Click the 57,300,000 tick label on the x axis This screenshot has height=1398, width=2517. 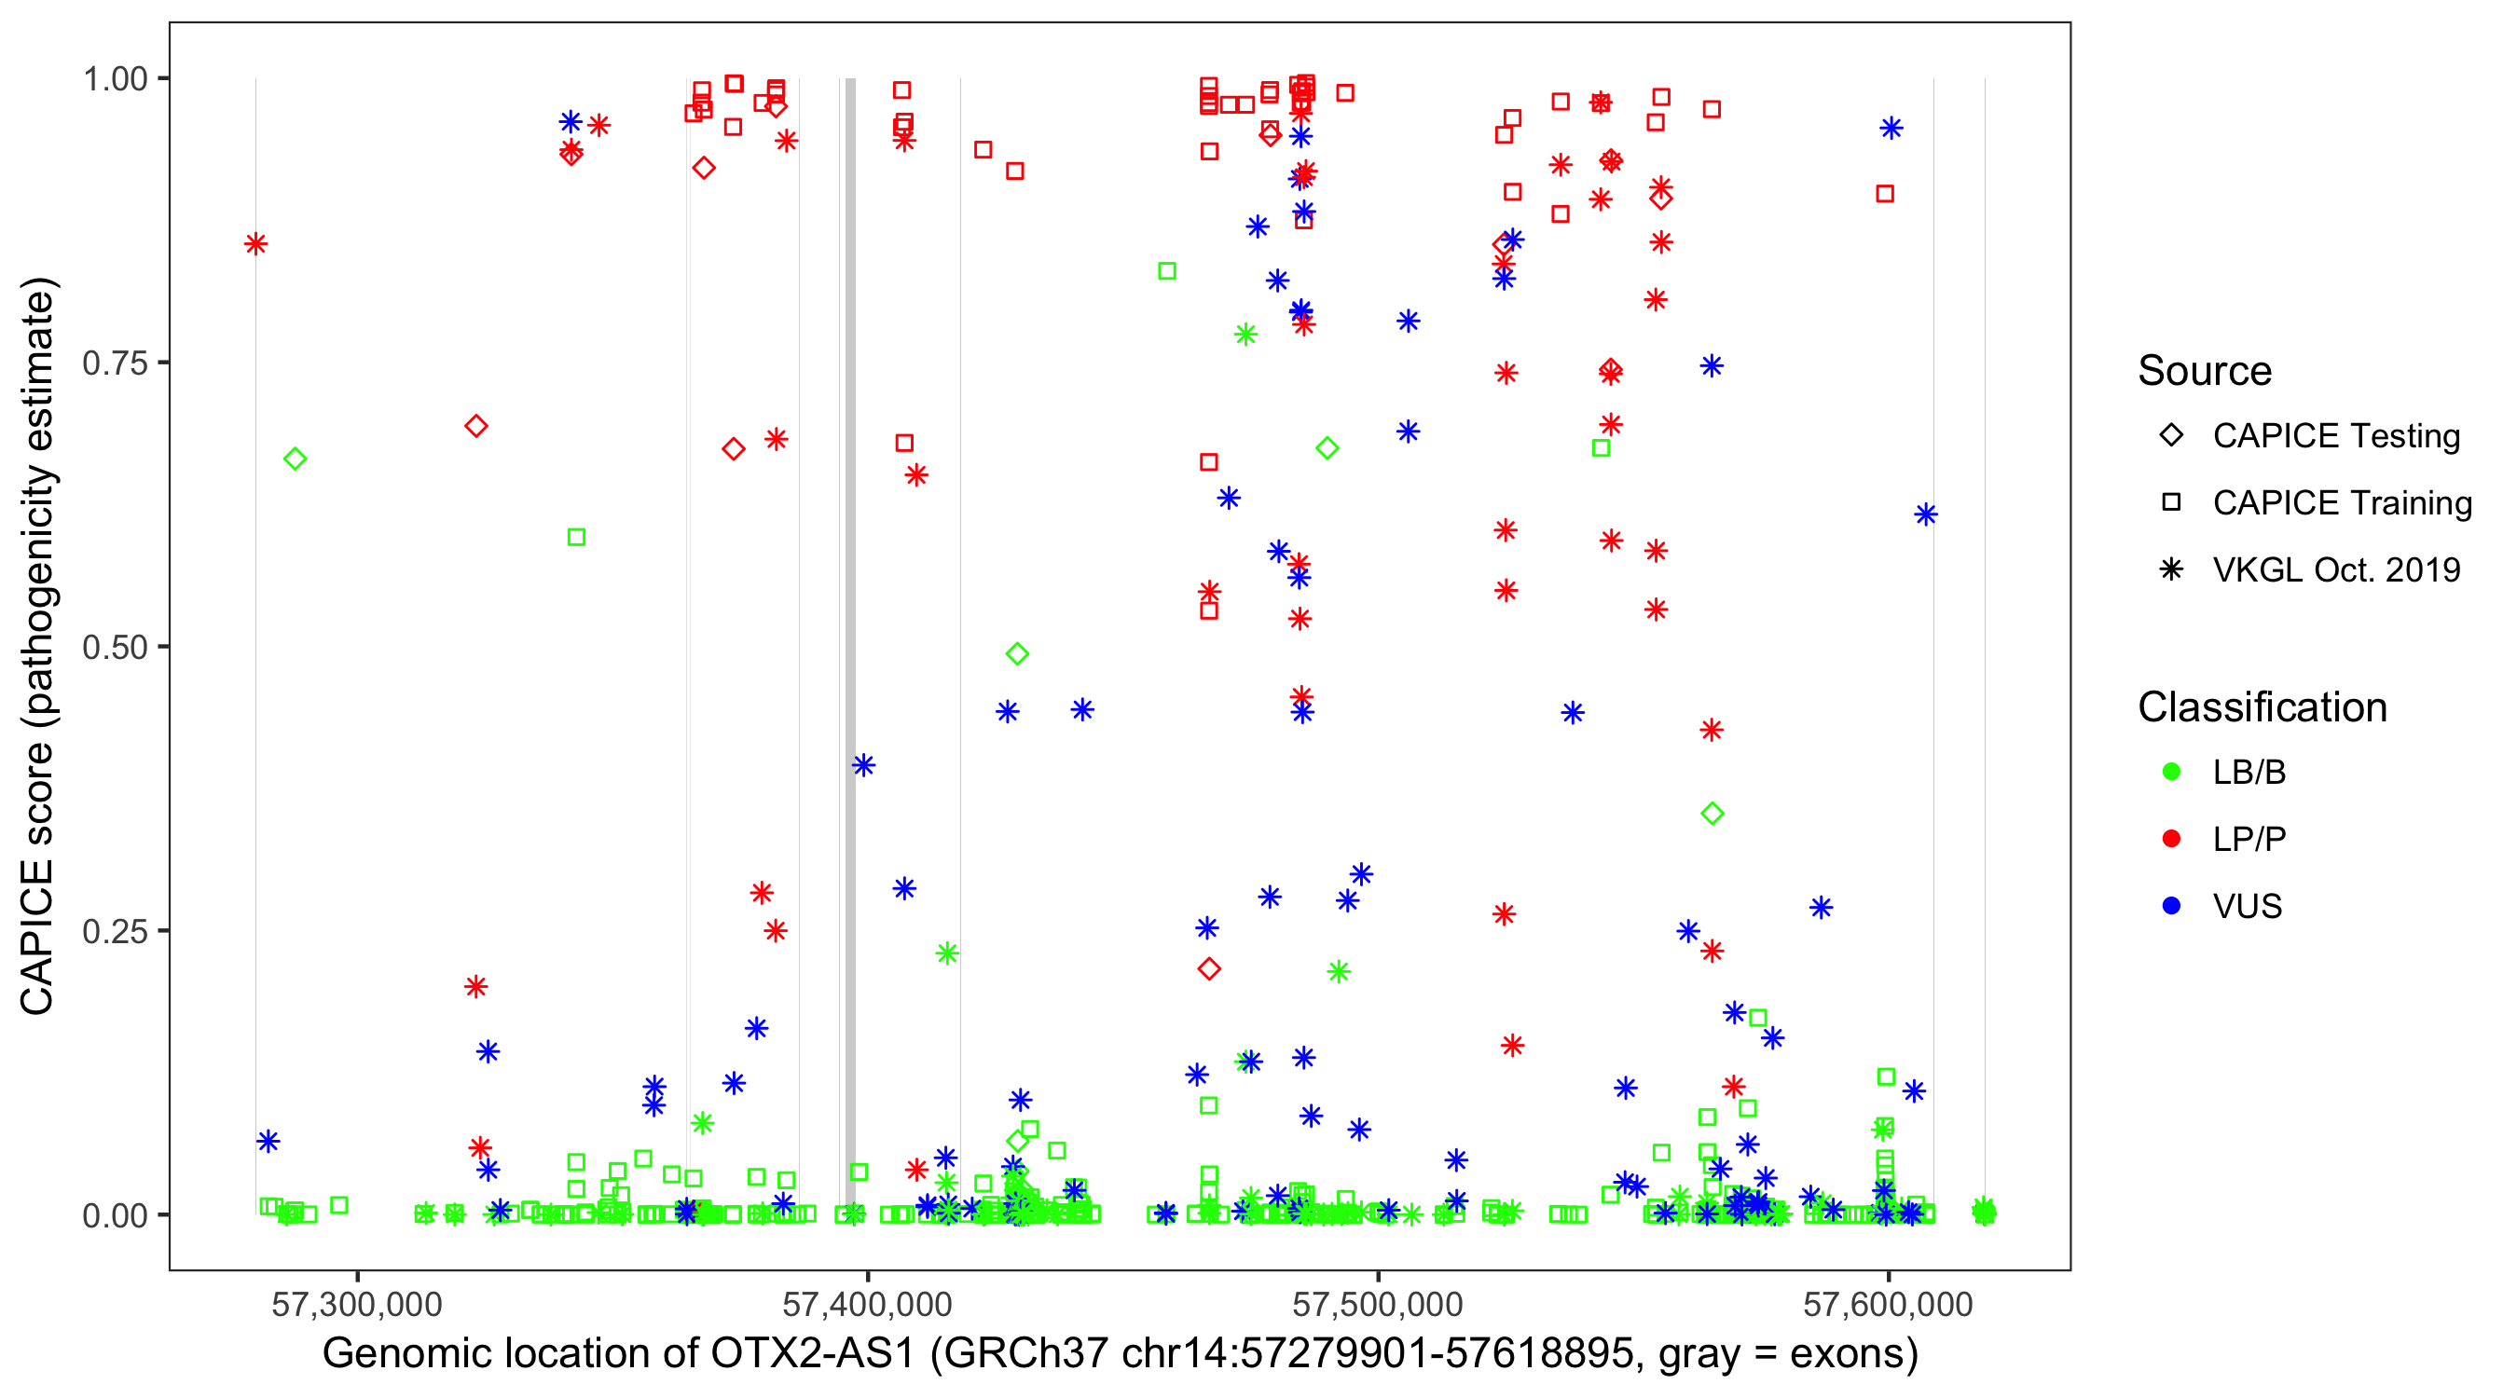357,1304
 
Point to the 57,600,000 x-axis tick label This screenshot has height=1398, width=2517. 1888,1304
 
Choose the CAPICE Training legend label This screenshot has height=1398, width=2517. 2342,503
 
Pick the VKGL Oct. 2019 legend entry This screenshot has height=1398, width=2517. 2335,569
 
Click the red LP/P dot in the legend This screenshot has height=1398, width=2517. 2171,839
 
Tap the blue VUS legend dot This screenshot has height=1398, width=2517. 2171,906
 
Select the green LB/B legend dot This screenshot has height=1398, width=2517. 2171,772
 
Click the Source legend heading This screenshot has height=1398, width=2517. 2205,371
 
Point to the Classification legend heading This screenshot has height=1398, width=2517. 2262,707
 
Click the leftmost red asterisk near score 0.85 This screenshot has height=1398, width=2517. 256,244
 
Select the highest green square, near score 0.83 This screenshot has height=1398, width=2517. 1166,270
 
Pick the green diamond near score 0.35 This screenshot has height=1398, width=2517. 1712,813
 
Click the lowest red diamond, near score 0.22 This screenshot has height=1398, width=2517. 1209,969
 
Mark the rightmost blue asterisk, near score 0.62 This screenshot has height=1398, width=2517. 1925,514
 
